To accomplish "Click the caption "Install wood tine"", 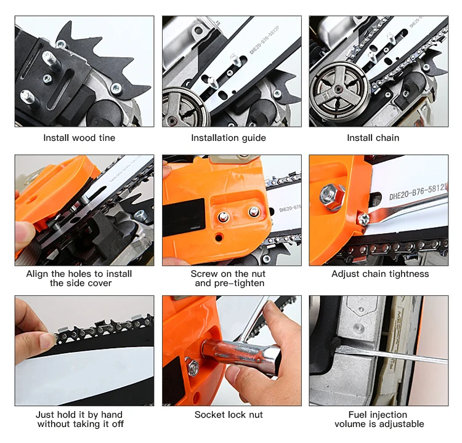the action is (x=79, y=138).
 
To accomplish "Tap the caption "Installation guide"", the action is (x=229, y=138).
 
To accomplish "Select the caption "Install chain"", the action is (x=373, y=138).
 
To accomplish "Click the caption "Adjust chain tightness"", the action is (x=380, y=274).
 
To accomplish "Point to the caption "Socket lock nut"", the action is (x=229, y=415).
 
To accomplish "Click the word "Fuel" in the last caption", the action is (x=357, y=415).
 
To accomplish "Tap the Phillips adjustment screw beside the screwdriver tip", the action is (x=363, y=219).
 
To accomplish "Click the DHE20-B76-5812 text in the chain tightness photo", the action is (x=418, y=192).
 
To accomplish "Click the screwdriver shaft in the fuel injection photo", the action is (x=392, y=354).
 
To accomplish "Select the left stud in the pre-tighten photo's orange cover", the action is (x=224, y=217).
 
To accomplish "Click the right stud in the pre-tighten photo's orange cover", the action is (x=254, y=211).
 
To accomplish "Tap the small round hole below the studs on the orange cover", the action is (x=218, y=237).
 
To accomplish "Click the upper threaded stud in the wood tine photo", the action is (x=52, y=60).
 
